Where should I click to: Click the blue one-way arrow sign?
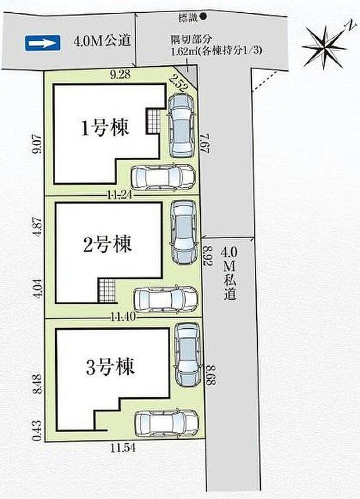coord(43,42)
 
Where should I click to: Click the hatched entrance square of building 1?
coord(152,120)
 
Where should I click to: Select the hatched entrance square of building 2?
coord(106,290)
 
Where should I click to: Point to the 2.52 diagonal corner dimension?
coord(180,85)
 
